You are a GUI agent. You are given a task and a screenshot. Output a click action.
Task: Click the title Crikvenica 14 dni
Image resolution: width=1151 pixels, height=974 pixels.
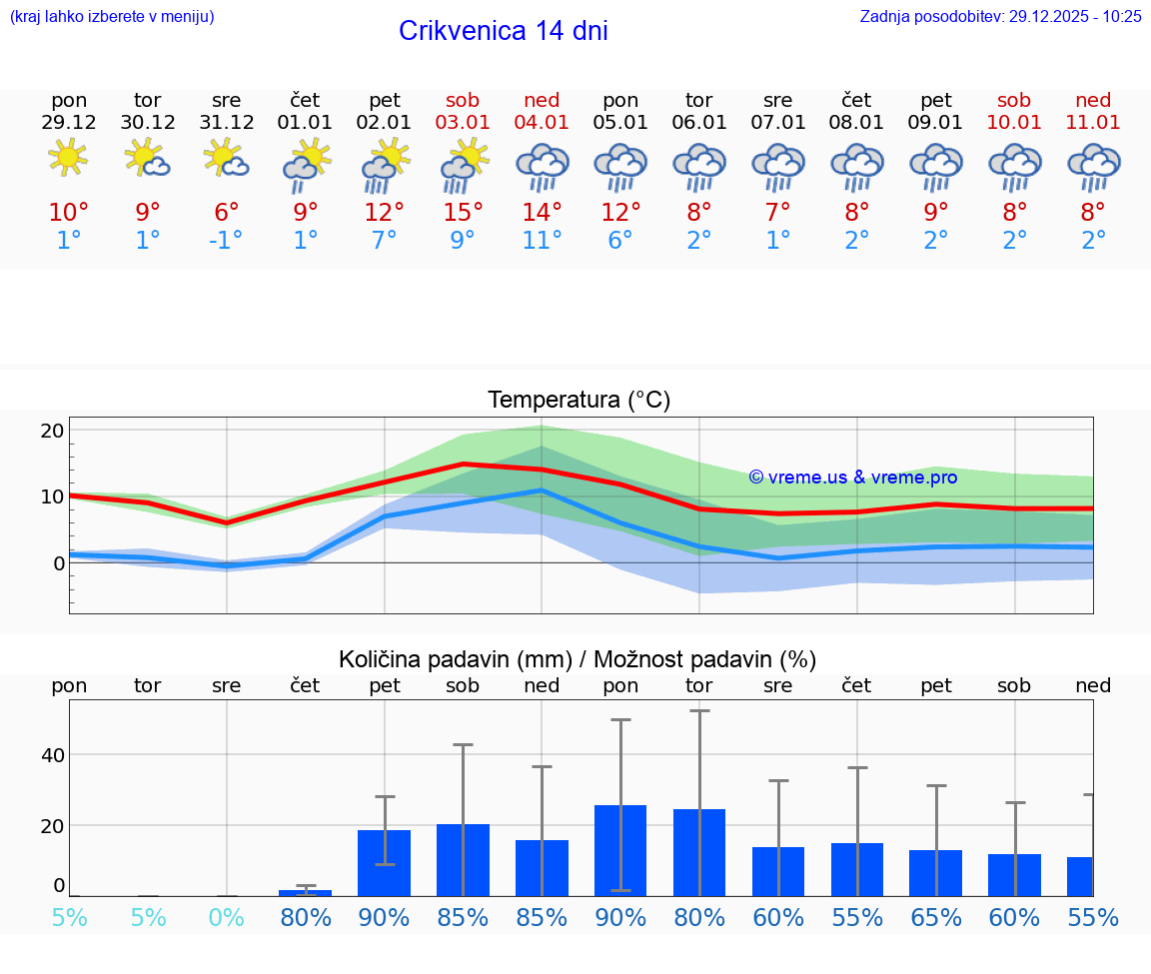(503, 31)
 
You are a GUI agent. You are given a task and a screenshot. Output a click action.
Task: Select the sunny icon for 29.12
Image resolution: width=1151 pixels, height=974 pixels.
(68, 157)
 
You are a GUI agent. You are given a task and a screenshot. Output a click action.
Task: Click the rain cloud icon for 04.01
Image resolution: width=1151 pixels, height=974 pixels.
(542, 165)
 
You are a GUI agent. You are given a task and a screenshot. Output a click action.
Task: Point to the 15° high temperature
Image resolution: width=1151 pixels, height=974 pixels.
(463, 213)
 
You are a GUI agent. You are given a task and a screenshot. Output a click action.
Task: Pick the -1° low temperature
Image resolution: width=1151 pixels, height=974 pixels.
(226, 241)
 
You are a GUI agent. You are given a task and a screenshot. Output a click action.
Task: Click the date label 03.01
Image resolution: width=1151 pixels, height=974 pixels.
(463, 122)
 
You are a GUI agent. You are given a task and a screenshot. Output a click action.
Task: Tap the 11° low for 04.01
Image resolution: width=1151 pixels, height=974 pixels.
(542, 241)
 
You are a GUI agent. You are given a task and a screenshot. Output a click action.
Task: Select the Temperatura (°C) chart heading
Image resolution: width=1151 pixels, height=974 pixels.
(578, 401)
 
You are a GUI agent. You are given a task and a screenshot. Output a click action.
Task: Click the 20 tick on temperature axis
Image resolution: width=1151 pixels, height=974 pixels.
(52, 431)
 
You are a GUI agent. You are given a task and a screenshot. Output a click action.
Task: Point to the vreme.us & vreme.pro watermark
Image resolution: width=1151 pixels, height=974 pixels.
(852, 478)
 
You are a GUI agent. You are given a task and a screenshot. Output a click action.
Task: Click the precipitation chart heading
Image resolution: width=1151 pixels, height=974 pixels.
(577, 659)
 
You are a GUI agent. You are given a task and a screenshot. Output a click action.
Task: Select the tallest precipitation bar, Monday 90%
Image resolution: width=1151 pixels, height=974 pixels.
(620, 850)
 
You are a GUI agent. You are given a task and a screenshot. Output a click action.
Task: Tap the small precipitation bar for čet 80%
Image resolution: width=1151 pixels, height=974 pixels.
(305, 892)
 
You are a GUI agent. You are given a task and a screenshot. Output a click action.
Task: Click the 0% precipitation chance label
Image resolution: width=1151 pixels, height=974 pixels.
(226, 918)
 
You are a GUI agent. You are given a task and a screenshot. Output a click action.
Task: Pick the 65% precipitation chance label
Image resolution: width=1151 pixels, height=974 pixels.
(936, 918)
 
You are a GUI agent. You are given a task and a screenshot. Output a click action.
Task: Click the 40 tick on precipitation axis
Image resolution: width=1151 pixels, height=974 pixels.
(52, 754)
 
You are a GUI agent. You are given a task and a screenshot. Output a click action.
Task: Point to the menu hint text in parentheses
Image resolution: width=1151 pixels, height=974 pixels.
(112, 16)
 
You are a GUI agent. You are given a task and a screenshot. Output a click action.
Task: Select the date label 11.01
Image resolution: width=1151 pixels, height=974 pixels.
(1093, 122)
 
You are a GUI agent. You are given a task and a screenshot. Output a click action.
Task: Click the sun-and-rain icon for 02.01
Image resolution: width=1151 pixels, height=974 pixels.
(384, 165)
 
